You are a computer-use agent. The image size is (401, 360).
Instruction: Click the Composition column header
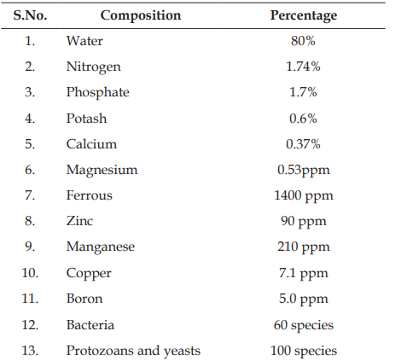click(141, 15)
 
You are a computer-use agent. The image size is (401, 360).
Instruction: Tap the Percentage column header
click(304, 15)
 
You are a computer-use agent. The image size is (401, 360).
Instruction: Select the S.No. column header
click(30, 15)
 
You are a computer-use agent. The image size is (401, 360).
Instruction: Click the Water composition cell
click(84, 41)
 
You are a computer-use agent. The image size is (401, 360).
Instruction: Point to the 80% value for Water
click(303, 41)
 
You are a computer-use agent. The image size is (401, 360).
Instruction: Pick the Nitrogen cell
click(94, 67)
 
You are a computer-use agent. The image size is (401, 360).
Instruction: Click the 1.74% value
click(303, 67)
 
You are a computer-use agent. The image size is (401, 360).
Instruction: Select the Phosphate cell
click(98, 93)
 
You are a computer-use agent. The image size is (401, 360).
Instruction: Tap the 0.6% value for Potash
click(303, 119)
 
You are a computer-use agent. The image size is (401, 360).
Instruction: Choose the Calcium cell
click(91, 144)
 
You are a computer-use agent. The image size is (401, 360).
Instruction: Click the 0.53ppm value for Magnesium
click(304, 171)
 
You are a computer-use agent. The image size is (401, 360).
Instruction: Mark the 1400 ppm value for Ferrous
click(304, 196)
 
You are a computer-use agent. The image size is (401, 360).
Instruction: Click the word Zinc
click(79, 221)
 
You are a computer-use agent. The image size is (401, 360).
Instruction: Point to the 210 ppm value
click(304, 247)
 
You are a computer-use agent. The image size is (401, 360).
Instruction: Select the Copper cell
click(89, 274)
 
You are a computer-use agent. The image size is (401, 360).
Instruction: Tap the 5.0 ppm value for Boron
click(304, 299)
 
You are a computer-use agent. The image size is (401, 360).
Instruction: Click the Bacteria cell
click(90, 325)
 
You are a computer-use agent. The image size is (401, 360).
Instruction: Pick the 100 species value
click(304, 351)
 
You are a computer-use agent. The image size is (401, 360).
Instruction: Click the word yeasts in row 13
click(182, 351)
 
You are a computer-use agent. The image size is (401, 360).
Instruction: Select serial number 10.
click(30, 273)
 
